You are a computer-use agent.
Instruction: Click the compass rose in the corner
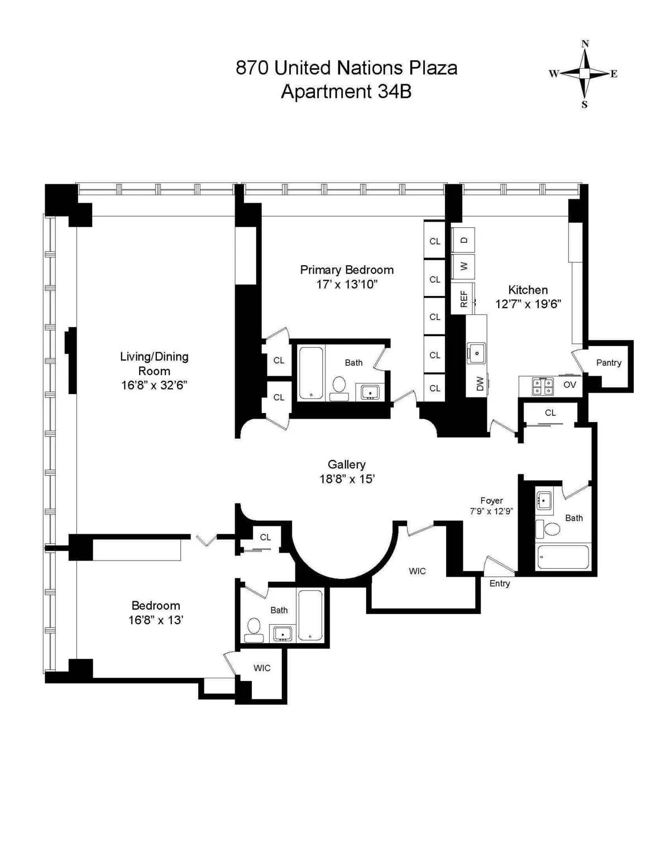click(x=584, y=74)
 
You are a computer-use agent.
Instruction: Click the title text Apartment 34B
click(x=346, y=92)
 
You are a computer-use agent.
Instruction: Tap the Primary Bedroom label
click(x=347, y=270)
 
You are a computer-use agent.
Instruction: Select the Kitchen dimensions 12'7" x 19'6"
click(x=528, y=304)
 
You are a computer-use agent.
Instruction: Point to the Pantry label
click(x=608, y=363)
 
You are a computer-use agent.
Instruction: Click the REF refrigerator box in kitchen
click(x=463, y=299)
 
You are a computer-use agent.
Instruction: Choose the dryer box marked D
click(x=463, y=240)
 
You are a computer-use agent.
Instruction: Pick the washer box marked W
click(x=463, y=266)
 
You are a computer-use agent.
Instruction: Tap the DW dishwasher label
click(x=480, y=384)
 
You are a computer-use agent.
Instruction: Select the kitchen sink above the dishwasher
click(x=476, y=352)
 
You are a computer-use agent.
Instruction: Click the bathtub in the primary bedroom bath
click(x=311, y=372)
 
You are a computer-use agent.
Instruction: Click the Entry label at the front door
click(x=499, y=583)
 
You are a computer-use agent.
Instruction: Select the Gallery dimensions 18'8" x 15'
click(x=347, y=479)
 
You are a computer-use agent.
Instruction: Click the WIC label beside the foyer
click(x=417, y=571)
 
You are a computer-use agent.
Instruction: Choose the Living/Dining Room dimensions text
click(x=154, y=385)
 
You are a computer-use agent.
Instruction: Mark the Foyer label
click(x=491, y=501)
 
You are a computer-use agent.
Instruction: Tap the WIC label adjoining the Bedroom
click(x=262, y=668)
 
